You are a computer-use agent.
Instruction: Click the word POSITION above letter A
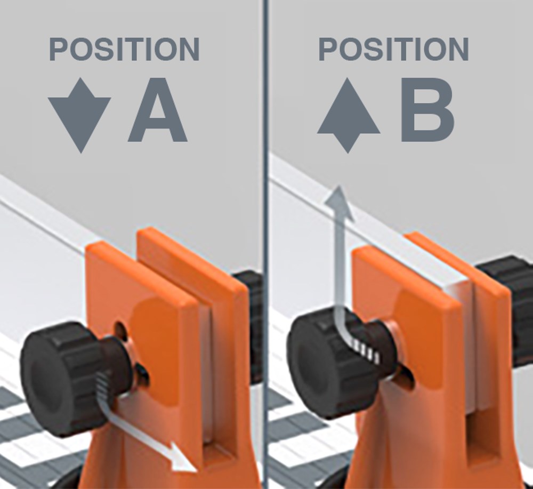(124, 49)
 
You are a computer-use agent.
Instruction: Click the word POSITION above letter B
(394, 49)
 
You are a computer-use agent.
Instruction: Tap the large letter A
(158, 109)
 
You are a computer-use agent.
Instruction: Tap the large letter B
(427, 109)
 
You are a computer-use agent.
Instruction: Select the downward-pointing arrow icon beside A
(80, 115)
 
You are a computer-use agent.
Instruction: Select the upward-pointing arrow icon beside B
(349, 115)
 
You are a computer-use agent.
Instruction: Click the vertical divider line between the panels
(266, 244)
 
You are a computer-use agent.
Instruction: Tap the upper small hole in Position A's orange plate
(120, 328)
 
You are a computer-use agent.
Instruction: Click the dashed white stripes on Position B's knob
(367, 350)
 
